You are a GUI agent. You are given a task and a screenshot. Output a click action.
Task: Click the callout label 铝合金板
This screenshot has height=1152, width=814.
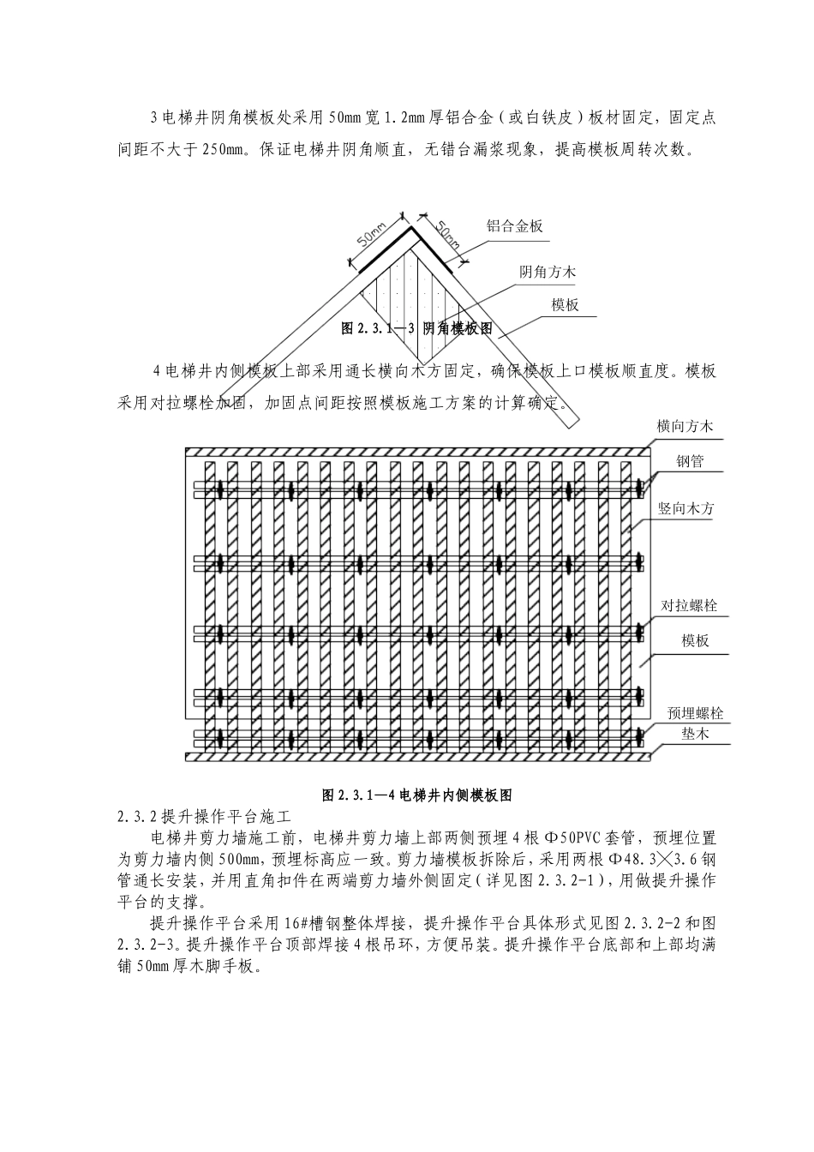click(x=515, y=225)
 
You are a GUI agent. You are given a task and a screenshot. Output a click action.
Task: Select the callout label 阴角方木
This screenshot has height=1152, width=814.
click(x=548, y=272)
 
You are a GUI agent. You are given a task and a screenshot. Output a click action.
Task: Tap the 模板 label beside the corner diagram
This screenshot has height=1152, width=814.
click(x=566, y=305)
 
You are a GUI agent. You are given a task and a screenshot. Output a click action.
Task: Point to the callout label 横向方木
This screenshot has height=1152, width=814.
click(x=685, y=426)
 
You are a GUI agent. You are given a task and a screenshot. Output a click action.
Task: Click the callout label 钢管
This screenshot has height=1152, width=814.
click(x=690, y=461)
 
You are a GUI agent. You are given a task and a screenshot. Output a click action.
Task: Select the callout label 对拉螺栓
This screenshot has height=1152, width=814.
click(x=689, y=605)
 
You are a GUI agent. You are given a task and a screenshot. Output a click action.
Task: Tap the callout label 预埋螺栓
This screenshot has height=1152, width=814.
click(x=695, y=713)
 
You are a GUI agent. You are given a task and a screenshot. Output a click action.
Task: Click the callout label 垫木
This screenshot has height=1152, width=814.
click(x=695, y=734)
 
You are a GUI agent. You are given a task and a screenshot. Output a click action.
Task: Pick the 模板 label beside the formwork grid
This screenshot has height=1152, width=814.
click(x=695, y=640)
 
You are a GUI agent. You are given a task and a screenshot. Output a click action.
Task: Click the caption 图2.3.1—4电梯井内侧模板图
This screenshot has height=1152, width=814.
click(x=417, y=795)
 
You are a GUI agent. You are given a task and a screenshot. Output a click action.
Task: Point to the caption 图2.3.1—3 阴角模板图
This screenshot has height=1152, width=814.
click(x=417, y=328)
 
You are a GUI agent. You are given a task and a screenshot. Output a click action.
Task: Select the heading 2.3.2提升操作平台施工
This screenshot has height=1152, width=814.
click(x=204, y=816)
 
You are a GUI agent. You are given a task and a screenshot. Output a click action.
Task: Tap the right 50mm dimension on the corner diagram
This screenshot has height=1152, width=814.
click(x=448, y=233)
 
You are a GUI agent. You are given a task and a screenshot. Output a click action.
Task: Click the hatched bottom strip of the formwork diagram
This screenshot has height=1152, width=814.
click(x=417, y=757)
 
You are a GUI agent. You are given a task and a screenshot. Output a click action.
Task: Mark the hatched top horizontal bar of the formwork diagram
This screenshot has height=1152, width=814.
click(x=417, y=452)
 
